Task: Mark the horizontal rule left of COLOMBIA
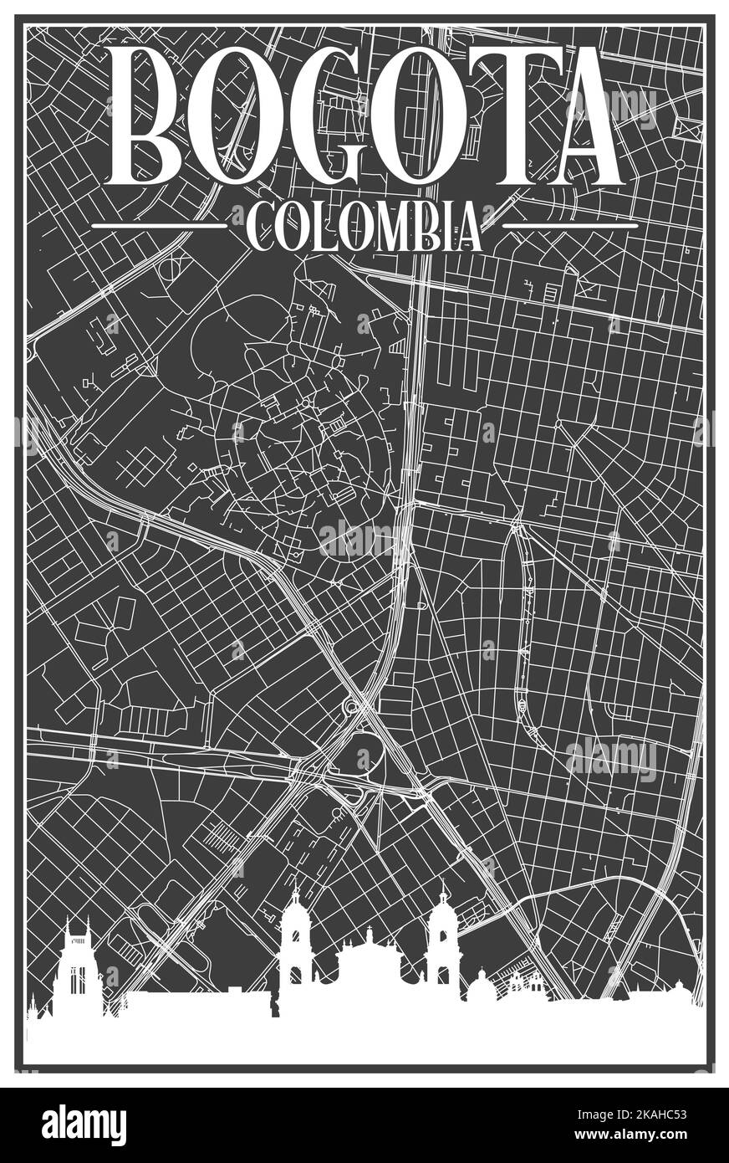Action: coord(159,226)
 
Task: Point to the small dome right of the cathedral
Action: coord(481,987)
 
